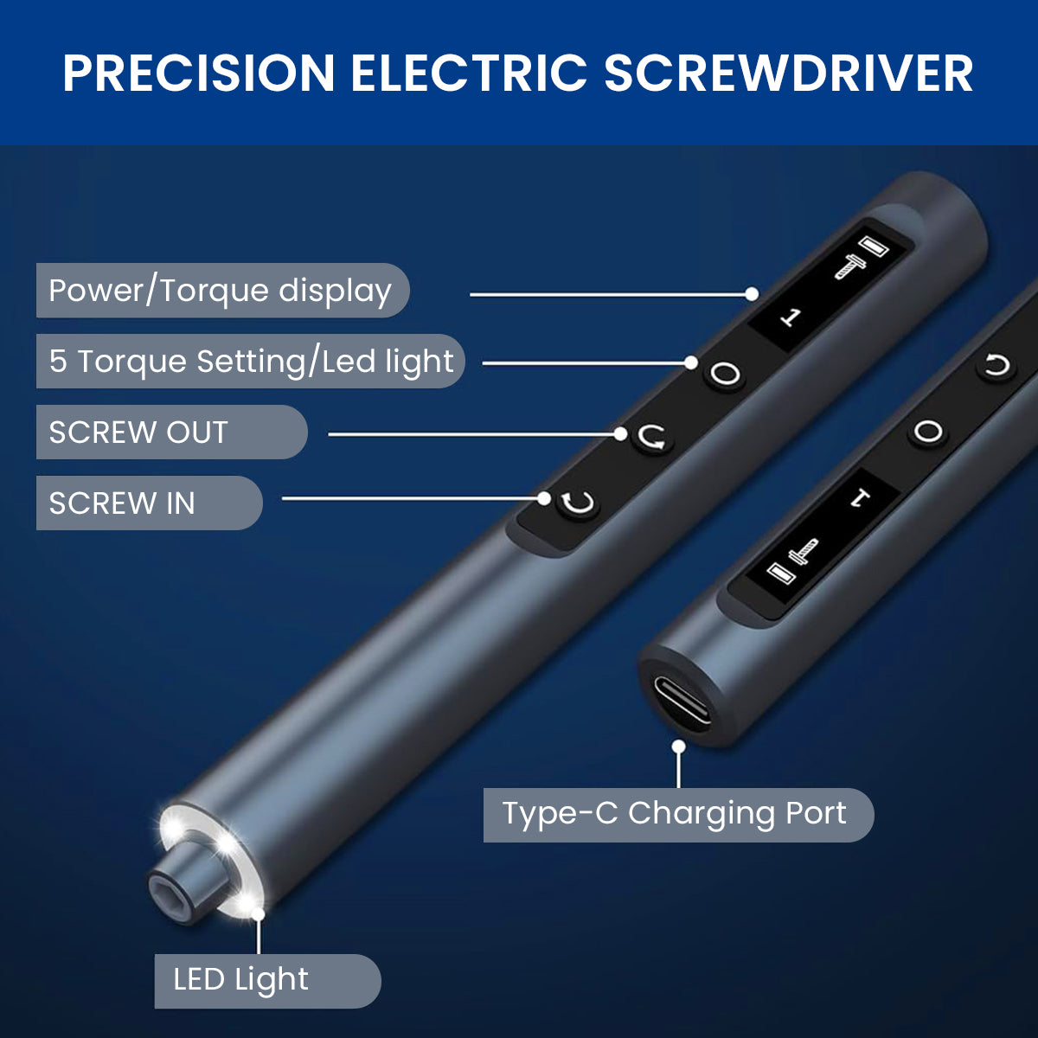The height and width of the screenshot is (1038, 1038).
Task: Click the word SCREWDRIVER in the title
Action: click(788, 74)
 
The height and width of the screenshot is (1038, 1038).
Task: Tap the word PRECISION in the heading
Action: click(199, 74)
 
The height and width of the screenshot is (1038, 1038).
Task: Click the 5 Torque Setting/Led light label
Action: click(251, 361)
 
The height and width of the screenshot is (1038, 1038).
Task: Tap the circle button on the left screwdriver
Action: click(725, 373)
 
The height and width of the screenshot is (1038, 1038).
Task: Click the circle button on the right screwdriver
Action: click(928, 432)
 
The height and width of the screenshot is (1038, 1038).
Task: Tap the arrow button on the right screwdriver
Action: click(996, 366)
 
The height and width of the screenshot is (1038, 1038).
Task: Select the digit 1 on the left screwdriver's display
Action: click(791, 317)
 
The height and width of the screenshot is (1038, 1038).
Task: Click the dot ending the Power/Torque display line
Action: click(752, 294)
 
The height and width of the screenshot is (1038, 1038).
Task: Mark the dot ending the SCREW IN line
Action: click(544, 498)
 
